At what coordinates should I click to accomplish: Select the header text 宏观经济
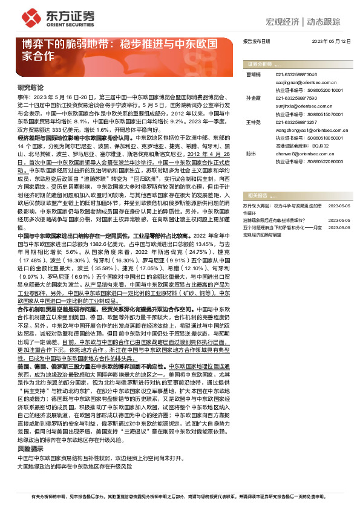pyautogui.click(x=283, y=22)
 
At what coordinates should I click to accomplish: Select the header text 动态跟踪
pyautogui.click(x=327, y=22)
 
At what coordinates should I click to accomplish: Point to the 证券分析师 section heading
pyautogui.click(x=260, y=63)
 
